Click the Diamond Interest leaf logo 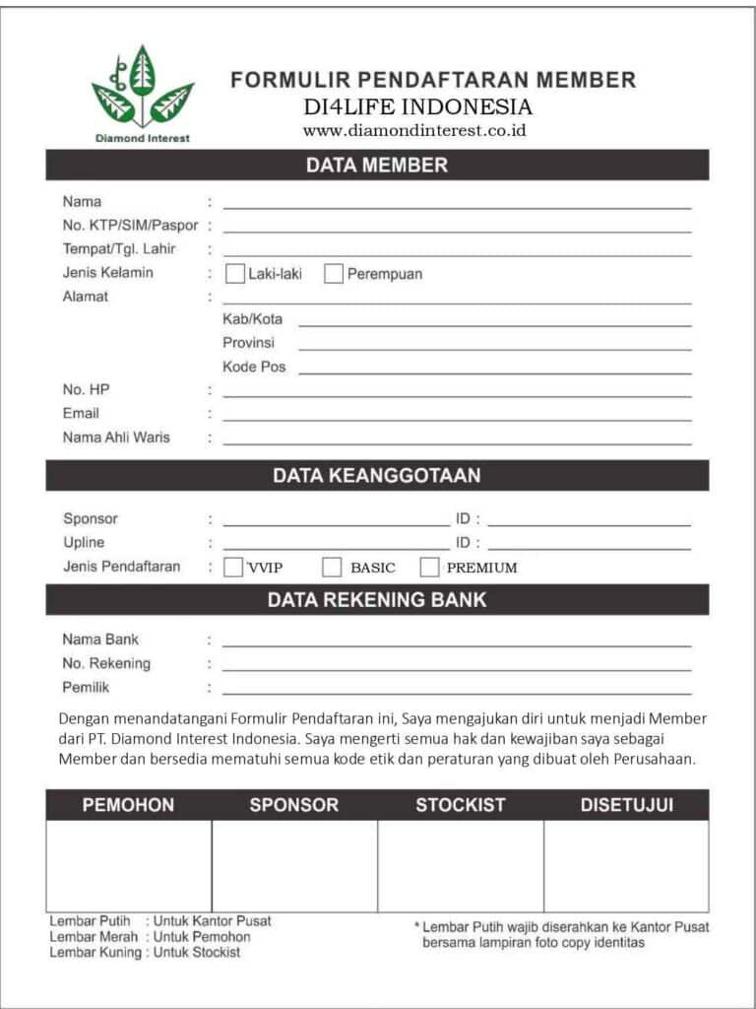click(x=143, y=89)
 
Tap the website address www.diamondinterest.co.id click(x=413, y=130)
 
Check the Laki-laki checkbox click(x=235, y=274)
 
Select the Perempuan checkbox click(x=334, y=274)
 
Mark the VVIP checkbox click(x=233, y=567)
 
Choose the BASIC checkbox click(x=332, y=567)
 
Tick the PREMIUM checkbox click(x=429, y=567)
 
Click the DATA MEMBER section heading click(x=377, y=166)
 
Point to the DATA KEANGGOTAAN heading click(x=377, y=476)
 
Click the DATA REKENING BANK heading click(x=377, y=599)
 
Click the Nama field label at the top click(x=82, y=202)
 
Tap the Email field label click(x=81, y=414)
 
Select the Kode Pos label click(x=254, y=367)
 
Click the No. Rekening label click(x=106, y=663)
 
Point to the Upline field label click(x=84, y=543)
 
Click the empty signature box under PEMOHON click(x=128, y=866)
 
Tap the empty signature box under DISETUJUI click(x=626, y=866)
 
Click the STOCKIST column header click(x=460, y=805)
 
